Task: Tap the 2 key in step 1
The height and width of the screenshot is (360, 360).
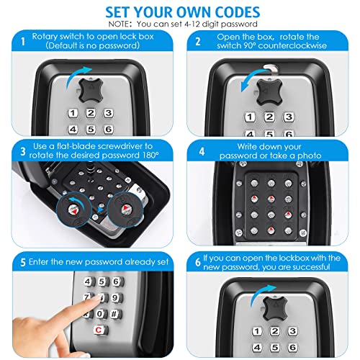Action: click(91, 113)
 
